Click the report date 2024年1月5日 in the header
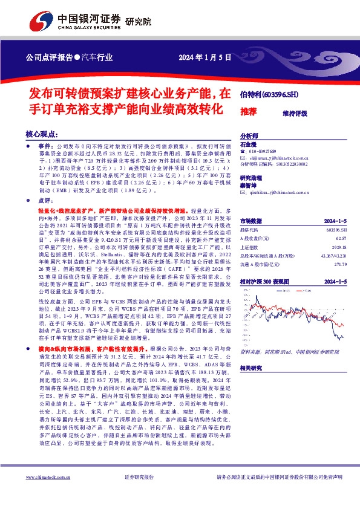point(205,58)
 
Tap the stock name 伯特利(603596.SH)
point(269,94)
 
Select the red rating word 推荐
point(248,112)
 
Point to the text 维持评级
point(295,113)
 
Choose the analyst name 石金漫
point(249,145)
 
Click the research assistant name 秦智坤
point(249,186)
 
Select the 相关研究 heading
point(252,368)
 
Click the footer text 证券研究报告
point(140,493)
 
